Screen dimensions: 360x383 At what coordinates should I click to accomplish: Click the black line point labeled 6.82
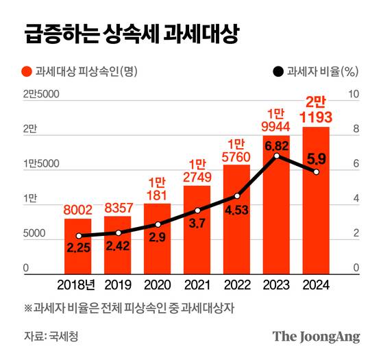coord(276,156)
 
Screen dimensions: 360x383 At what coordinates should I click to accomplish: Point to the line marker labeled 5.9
coord(315,172)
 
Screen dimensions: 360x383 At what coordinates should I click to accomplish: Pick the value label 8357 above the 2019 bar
coord(117,206)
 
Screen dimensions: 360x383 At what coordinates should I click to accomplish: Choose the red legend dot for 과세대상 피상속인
coord(27,71)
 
